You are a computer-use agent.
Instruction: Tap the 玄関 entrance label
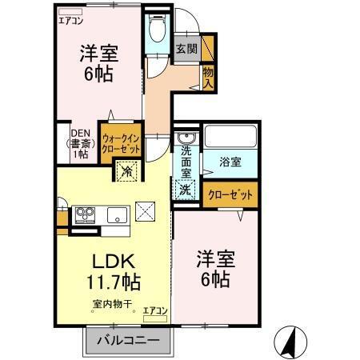click(187, 49)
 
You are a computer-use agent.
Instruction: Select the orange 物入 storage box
click(208, 78)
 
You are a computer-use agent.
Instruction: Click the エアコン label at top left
click(71, 22)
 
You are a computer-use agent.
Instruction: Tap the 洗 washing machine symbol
click(185, 190)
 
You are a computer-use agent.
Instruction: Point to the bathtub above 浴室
click(230, 136)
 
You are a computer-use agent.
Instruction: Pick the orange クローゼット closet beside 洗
click(231, 194)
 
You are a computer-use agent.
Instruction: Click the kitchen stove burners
click(85, 214)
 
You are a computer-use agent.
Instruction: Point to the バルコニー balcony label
click(128, 342)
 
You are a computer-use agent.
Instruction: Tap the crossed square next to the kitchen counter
click(146, 211)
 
